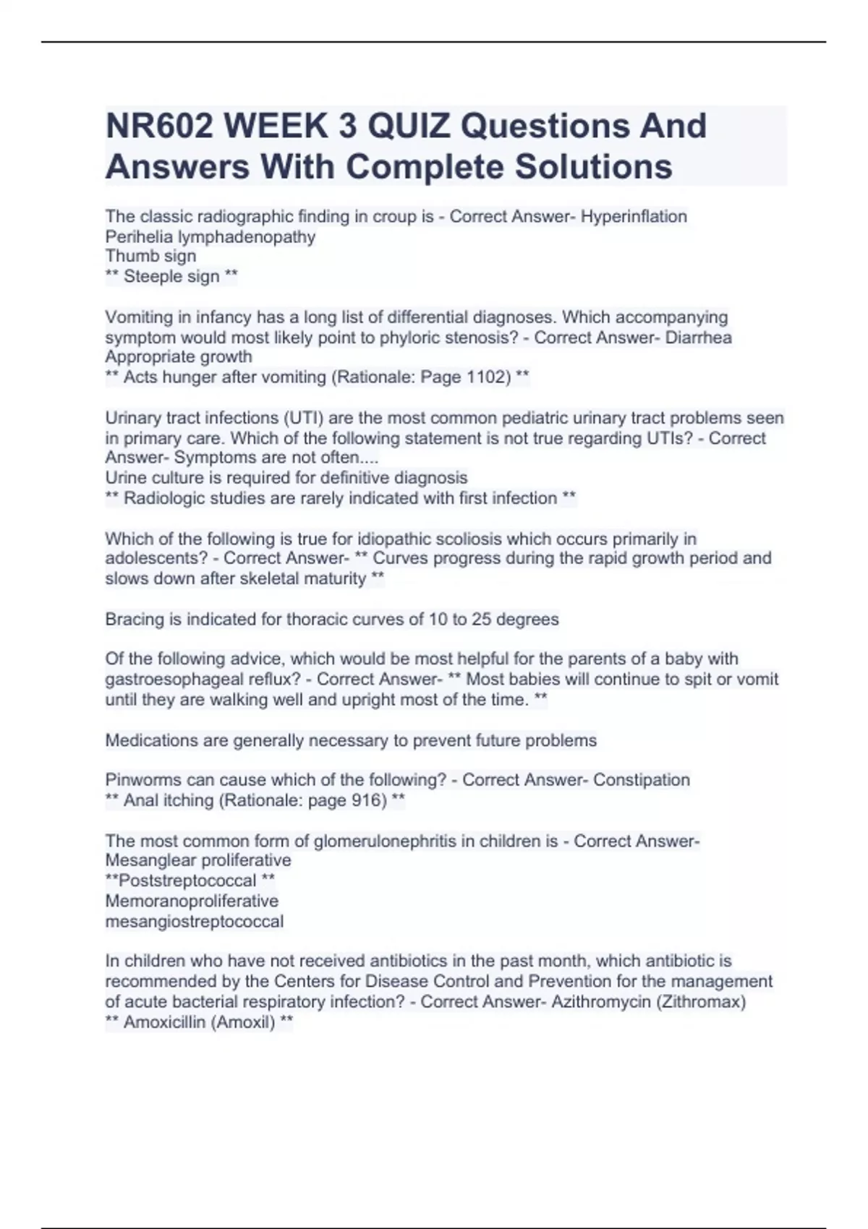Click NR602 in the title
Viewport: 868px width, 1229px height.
point(159,127)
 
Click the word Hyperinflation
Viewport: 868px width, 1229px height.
point(634,216)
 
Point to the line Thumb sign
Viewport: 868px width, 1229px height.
point(150,256)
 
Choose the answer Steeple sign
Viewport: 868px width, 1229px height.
point(171,276)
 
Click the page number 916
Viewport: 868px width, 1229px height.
point(369,800)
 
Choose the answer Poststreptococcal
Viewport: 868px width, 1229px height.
point(187,881)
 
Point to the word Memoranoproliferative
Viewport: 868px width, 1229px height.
point(192,901)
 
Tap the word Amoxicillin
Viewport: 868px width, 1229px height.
point(164,1022)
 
